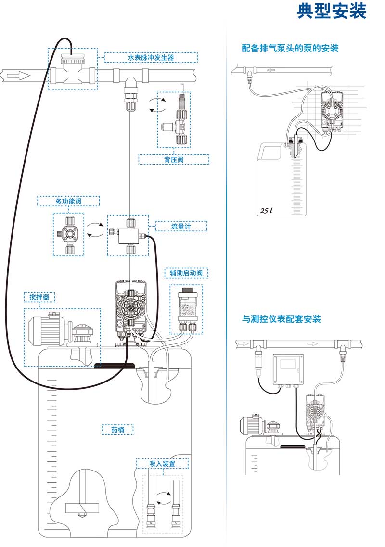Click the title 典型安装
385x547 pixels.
point(332,11)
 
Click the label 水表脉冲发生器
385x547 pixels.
point(151,58)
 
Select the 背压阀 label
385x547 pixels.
point(174,159)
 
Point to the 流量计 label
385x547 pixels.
point(181,226)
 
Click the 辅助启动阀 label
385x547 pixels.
point(186,273)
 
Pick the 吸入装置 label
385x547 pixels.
point(162,464)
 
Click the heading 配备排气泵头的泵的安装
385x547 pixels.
point(290,48)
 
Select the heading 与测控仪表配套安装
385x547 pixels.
point(281,319)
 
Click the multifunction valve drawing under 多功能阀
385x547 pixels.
point(68,234)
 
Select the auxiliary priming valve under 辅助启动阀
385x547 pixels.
point(186,308)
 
